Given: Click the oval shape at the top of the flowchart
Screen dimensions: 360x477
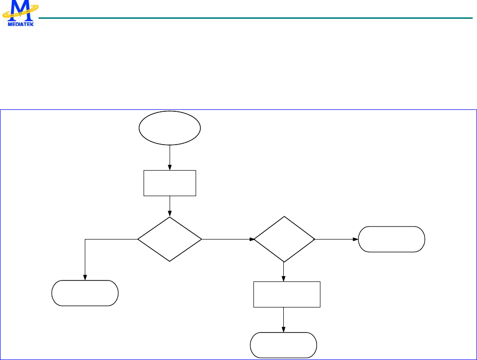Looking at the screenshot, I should (x=170, y=128).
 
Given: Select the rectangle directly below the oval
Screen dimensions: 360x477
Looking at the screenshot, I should (x=170, y=183).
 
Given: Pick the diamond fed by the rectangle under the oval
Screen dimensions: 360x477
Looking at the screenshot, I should (x=170, y=239).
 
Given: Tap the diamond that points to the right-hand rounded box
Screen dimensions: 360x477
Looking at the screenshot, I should (x=284, y=239).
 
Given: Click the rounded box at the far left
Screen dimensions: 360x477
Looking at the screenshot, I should (x=85, y=293).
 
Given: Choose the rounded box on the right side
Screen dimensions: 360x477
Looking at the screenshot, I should (x=392, y=239).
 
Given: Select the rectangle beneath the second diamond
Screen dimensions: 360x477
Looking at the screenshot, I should (x=287, y=294).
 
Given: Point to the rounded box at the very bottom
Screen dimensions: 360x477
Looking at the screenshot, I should (x=283, y=345).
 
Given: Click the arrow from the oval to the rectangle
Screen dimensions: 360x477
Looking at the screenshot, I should (x=170, y=157).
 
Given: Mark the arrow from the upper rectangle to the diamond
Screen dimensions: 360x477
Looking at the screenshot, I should (x=170, y=206).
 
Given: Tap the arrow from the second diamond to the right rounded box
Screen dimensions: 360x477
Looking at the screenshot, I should (x=337, y=239).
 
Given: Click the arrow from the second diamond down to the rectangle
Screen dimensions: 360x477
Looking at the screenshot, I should (x=283, y=271).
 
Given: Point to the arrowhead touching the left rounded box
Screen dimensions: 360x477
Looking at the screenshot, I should (x=85, y=277).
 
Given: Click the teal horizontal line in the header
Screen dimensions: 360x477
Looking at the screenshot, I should (x=255, y=18).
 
